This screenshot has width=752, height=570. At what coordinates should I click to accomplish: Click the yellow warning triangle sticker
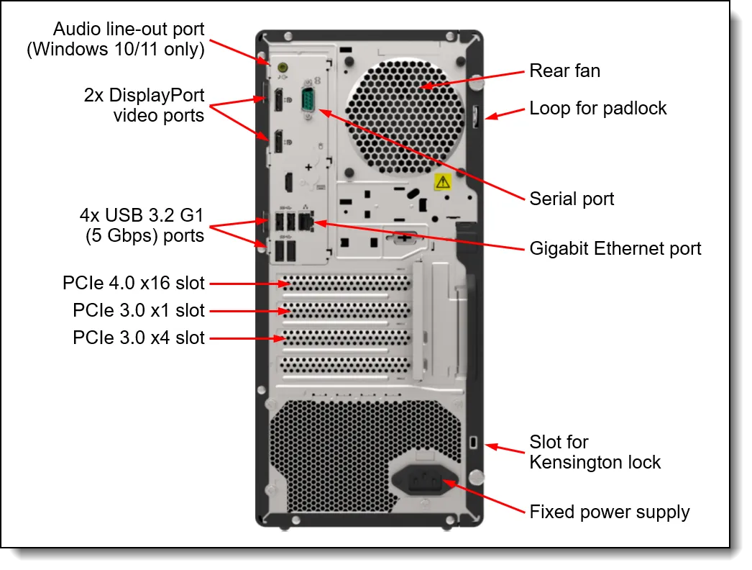click(443, 181)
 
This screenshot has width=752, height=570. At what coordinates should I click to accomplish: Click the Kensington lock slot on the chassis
click(473, 440)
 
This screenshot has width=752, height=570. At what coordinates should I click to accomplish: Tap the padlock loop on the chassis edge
click(476, 115)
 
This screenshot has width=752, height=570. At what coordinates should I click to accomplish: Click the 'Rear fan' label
click(564, 71)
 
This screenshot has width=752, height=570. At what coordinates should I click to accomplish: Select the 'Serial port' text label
click(572, 199)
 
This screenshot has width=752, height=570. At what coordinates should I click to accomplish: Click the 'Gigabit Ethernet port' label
click(615, 248)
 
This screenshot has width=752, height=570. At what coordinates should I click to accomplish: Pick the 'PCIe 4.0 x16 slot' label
click(134, 284)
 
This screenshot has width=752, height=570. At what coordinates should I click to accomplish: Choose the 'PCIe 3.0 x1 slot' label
click(139, 311)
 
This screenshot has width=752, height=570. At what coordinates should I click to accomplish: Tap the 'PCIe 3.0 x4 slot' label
click(139, 338)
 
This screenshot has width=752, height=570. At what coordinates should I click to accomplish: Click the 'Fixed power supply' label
click(609, 512)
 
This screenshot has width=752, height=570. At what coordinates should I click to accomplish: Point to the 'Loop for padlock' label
click(598, 108)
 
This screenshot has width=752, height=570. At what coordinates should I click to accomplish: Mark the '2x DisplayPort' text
click(145, 96)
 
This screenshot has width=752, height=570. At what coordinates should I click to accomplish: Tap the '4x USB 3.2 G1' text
click(142, 215)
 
